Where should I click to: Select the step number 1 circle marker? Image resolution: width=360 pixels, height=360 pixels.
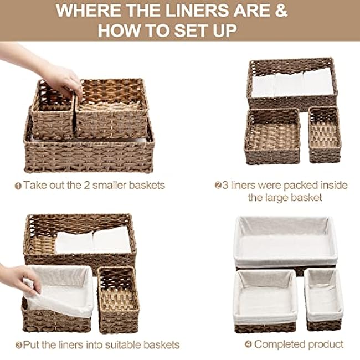(18, 186)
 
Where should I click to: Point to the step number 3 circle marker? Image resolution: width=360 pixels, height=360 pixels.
(18, 345)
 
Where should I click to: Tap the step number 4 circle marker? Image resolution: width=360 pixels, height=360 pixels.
(248, 345)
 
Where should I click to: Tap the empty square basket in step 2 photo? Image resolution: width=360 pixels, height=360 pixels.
(272, 136)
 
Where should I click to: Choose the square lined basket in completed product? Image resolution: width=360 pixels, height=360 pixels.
(265, 299)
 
